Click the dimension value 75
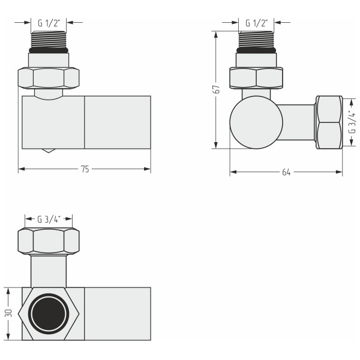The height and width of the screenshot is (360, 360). (x=85, y=170)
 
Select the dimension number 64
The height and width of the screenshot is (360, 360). (x=286, y=172)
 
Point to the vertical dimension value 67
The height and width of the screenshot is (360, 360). (x=217, y=89)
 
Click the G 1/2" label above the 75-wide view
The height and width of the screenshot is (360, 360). (x=49, y=23)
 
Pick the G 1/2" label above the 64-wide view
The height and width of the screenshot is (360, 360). (x=256, y=23)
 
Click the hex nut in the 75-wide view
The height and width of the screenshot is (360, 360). (x=49, y=77)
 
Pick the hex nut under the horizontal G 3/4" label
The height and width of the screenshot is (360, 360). (x=49, y=241)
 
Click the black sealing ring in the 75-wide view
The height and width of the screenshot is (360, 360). (x=49, y=52)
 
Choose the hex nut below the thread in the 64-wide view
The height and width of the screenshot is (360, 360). (x=256, y=77)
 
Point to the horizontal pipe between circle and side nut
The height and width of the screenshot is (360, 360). (x=298, y=122)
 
